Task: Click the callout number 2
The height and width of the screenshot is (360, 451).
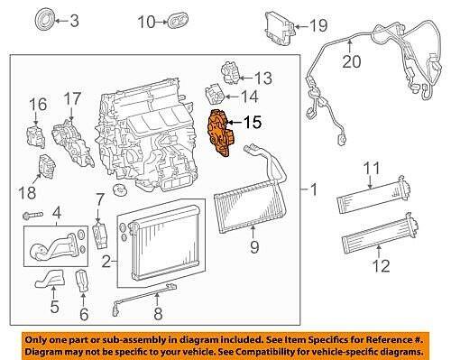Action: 106,263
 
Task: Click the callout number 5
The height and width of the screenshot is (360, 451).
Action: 53,305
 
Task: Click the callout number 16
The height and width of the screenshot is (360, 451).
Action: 36,107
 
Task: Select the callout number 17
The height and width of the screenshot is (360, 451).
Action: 71,96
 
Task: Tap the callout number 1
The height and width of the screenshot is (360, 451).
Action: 313,190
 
